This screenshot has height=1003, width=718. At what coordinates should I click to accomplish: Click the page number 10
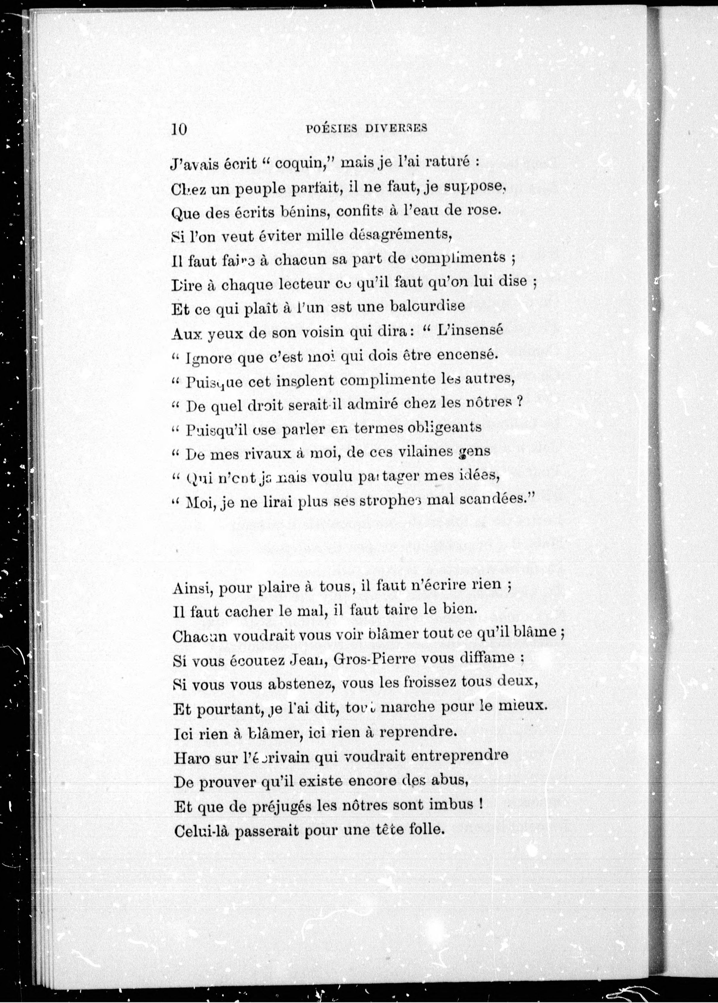pos(179,129)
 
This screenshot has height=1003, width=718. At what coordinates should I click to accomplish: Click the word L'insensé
pos(469,331)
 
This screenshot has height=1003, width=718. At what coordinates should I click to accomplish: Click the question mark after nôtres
pos(520,403)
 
